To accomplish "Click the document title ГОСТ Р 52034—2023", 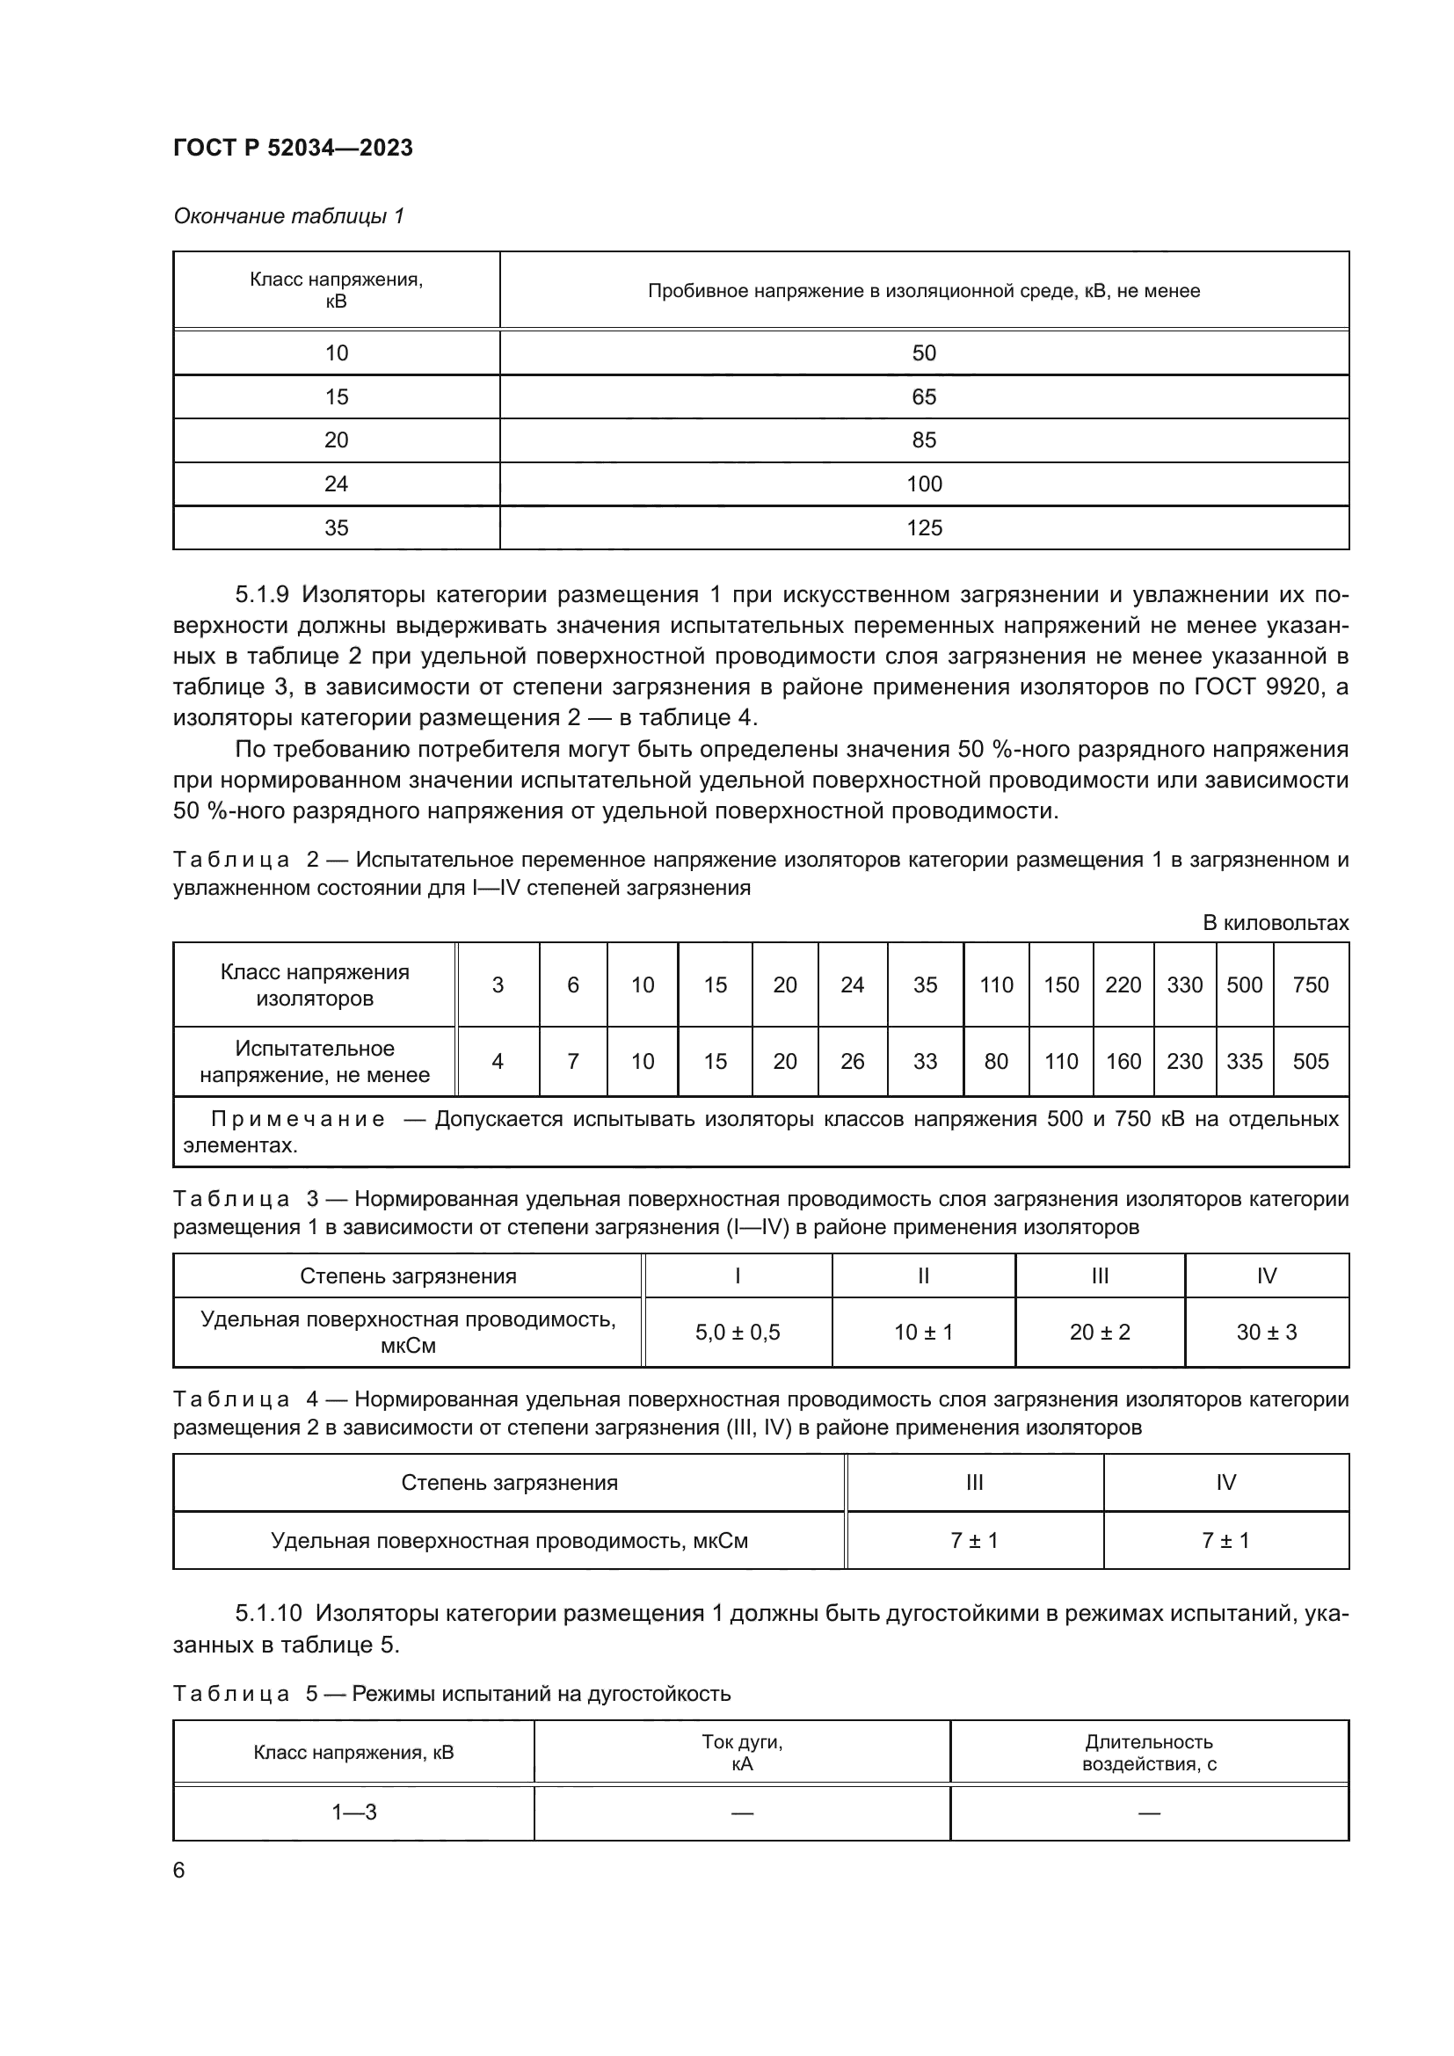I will (293, 148).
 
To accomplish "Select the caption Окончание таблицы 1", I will (288, 216).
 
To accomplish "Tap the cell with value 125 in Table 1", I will (924, 527).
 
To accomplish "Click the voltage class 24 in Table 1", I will (336, 483).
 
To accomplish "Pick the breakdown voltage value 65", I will (924, 396).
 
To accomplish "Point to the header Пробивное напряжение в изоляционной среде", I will (924, 291).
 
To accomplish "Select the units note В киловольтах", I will (1275, 922).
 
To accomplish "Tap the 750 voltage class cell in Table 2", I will (1311, 985).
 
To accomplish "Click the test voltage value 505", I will (1311, 1061).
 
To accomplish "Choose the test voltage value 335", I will (1245, 1061).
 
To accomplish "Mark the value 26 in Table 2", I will (853, 1061).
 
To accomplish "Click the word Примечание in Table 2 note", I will (298, 1119).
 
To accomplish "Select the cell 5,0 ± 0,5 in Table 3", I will (738, 1332).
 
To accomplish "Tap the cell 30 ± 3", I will (1267, 1332).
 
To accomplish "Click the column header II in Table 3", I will (923, 1276).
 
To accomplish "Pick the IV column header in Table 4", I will (1225, 1482).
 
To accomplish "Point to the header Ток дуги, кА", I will (742, 1753).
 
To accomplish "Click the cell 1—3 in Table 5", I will (353, 1813).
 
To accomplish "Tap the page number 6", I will (179, 1871).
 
